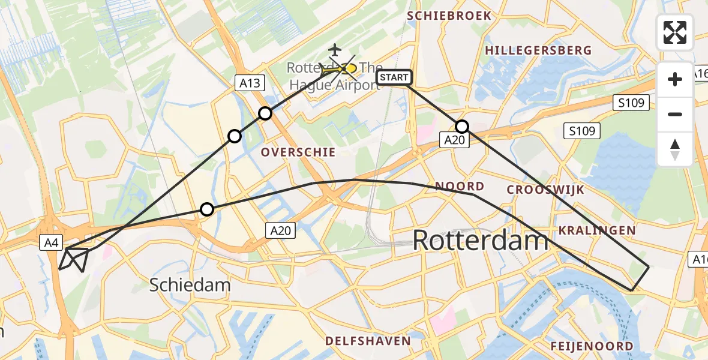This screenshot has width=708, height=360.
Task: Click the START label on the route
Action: tap(394, 77)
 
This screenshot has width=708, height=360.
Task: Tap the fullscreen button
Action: tap(675, 32)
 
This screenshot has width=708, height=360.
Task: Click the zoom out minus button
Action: tap(675, 114)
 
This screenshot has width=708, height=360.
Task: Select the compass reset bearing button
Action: tap(675, 149)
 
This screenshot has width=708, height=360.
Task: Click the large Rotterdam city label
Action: tap(481, 241)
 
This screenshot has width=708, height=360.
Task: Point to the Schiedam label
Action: tap(190, 284)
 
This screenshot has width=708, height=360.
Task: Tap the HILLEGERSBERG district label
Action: tap(538, 51)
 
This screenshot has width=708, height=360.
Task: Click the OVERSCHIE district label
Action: tap(298, 152)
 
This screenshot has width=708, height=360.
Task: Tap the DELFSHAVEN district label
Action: tap(368, 341)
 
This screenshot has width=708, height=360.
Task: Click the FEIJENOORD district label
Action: tap(592, 346)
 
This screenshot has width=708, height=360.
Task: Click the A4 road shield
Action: tap(51, 242)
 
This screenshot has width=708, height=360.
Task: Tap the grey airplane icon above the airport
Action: tap(334, 49)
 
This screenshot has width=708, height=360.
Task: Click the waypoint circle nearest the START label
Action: tap(462, 127)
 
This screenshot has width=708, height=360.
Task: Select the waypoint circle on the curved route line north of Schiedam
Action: tap(206, 209)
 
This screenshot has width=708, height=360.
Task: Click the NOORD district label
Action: tap(460, 186)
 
